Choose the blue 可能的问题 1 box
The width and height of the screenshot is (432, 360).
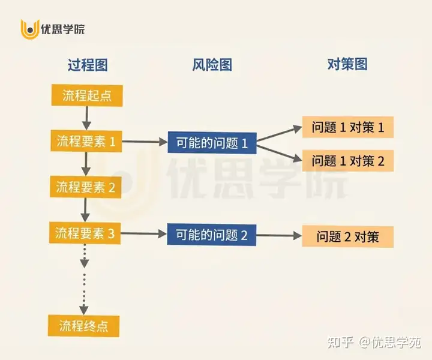click(x=212, y=143)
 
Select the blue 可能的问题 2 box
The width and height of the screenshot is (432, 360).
click(x=212, y=235)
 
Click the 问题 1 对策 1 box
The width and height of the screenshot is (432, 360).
click(x=348, y=127)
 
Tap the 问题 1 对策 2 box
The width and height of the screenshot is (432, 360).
click(x=348, y=160)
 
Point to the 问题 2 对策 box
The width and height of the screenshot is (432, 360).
click(x=348, y=236)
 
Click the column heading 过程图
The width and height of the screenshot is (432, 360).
click(x=88, y=65)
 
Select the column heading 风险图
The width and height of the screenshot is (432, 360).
click(x=212, y=65)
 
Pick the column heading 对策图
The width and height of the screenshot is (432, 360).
click(x=347, y=65)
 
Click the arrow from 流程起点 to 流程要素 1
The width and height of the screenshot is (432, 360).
click(x=88, y=118)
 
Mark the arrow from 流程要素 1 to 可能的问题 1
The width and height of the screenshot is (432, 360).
click(x=144, y=143)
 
